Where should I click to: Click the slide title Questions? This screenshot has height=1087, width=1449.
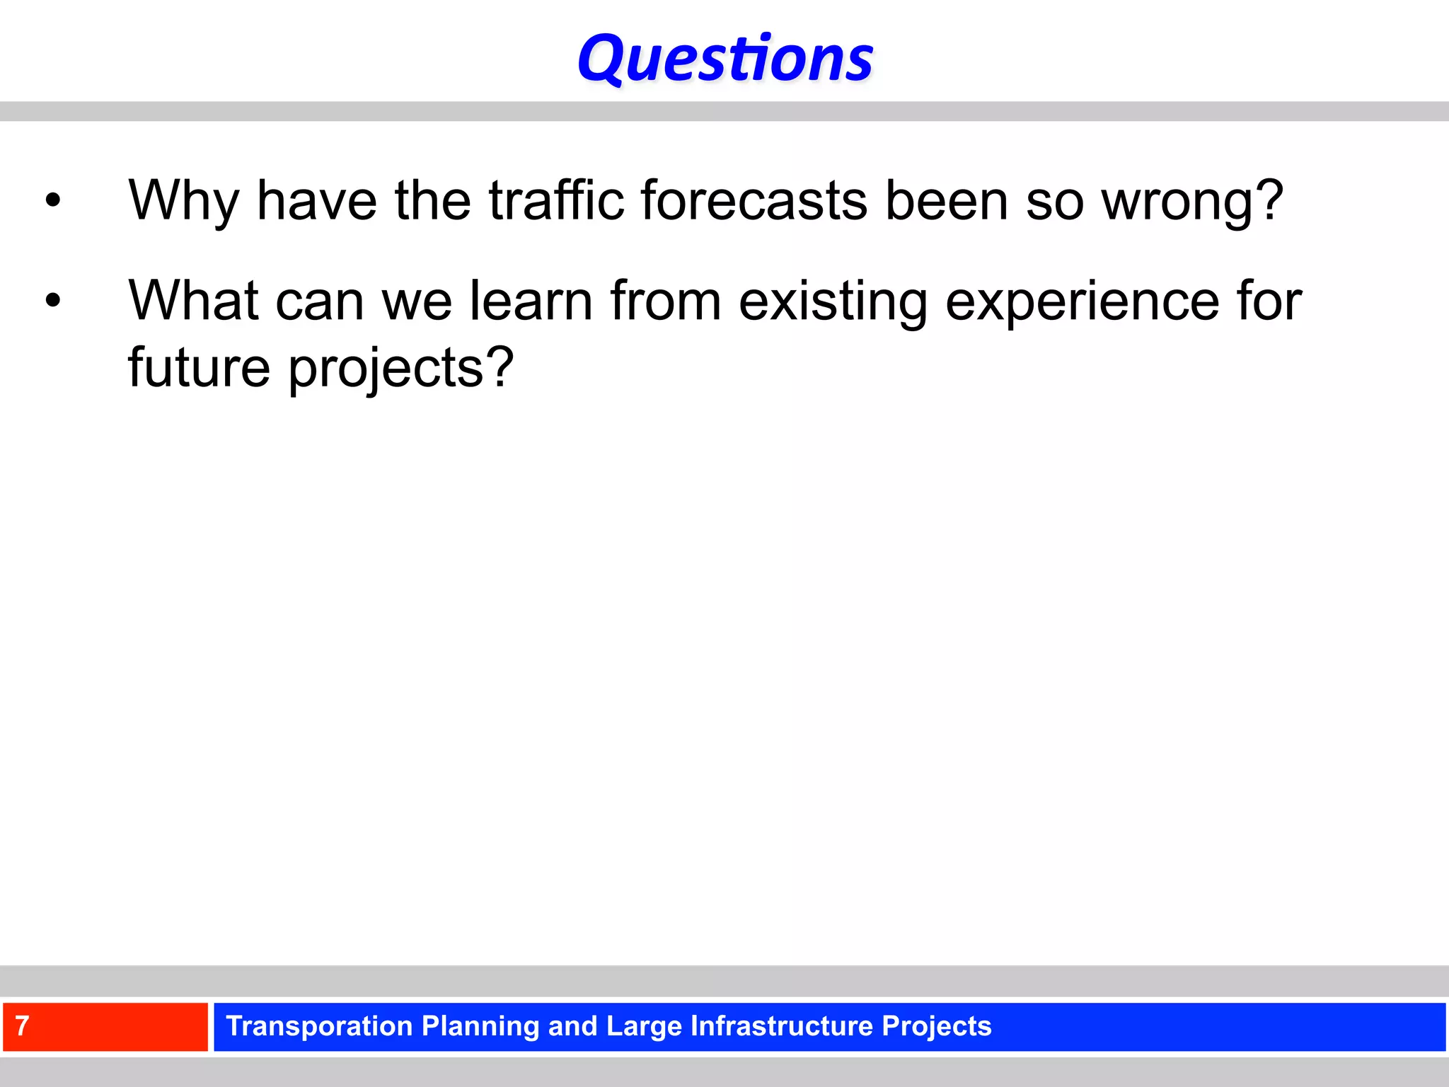(725, 59)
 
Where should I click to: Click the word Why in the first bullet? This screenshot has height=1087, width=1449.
(183, 201)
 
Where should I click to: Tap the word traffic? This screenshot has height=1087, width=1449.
(556, 201)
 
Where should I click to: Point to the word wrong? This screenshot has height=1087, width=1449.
(1192, 201)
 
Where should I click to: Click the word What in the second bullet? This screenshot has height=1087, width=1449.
(193, 301)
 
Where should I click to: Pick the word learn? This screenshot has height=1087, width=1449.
(531, 301)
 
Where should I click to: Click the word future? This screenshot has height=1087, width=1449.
(199, 368)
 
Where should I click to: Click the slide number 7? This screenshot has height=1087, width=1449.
(22, 1026)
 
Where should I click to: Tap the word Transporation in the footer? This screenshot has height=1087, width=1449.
(318, 1026)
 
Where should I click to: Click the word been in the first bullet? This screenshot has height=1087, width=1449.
(947, 201)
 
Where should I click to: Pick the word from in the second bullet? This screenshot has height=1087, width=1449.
(665, 301)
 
